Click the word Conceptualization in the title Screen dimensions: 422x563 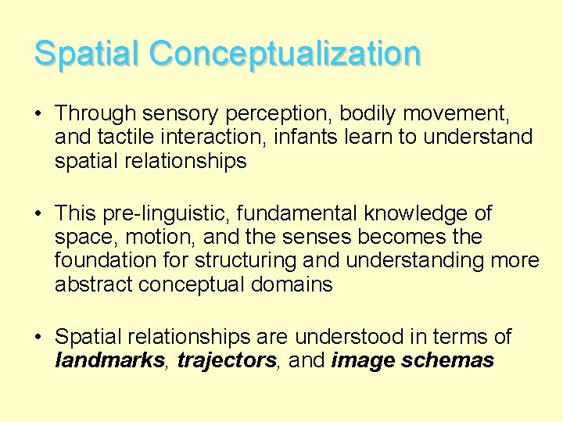tap(286, 54)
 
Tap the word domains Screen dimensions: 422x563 tap(294, 284)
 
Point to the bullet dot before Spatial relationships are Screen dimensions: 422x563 tap(38, 338)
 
